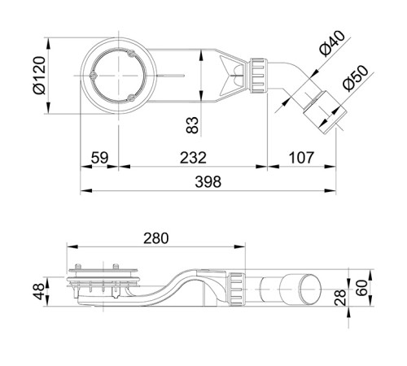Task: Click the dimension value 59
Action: pos(98,157)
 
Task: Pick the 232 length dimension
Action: pos(193,157)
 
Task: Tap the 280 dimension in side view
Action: pos(155,238)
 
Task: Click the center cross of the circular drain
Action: pos(119,77)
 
